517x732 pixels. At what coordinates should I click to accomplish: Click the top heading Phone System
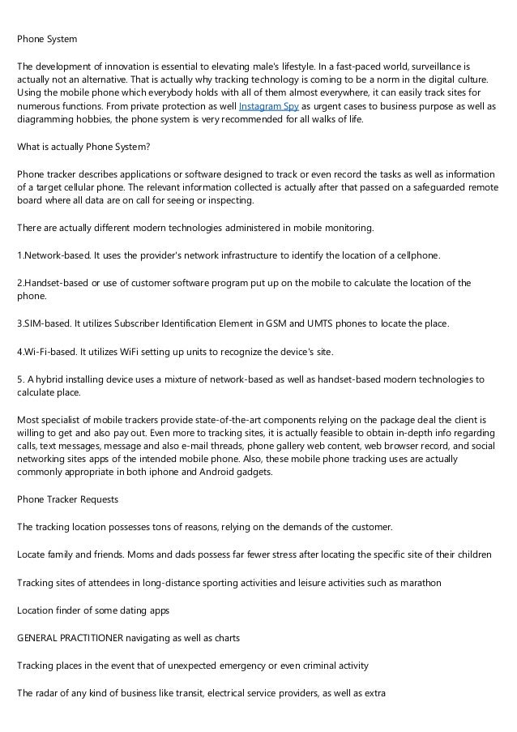(48, 37)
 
